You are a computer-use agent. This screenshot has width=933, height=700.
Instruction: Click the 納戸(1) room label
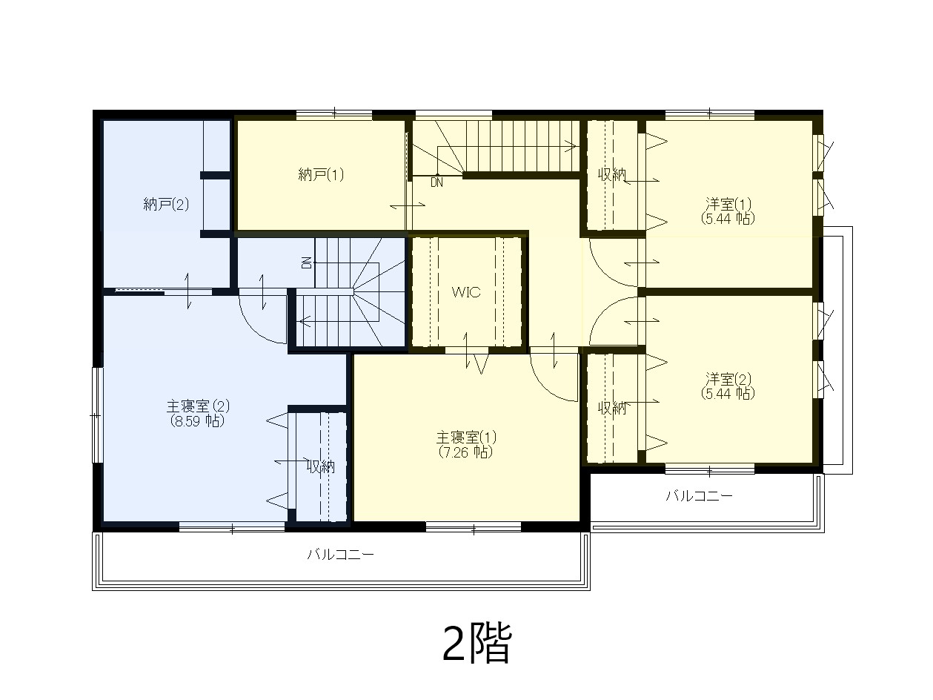[x=321, y=175]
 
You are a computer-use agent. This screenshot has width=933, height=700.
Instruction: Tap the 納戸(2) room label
[x=166, y=205]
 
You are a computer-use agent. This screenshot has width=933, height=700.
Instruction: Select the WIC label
[x=466, y=292]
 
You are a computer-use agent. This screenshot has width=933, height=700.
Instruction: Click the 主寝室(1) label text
[x=466, y=437]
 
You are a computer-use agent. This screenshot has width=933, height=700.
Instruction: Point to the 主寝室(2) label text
[x=198, y=406]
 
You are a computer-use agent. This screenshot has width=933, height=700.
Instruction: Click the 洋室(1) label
[x=728, y=204]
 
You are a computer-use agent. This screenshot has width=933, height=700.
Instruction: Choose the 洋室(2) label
[x=728, y=378]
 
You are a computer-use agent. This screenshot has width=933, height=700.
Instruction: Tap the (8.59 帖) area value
[x=197, y=421]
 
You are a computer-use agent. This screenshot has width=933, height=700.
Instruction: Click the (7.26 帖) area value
[x=466, y=452]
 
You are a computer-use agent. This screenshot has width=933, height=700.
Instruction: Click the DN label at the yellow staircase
[x=436, y=182]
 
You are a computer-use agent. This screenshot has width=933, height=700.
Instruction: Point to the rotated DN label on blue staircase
[x=306, y=262]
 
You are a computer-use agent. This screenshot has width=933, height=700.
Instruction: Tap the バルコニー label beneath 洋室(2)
[x=700, y=496]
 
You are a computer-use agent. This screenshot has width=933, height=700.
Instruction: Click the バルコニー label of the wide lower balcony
[x=340, y=555]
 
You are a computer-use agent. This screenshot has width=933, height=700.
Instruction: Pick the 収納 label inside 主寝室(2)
[x=321, y=467]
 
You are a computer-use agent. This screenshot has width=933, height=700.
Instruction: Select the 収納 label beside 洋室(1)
[x=612, y=174]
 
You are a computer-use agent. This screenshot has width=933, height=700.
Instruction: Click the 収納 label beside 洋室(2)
[x=612, y=409]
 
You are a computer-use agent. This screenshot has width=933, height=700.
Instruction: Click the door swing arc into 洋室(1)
[x=603, y=273]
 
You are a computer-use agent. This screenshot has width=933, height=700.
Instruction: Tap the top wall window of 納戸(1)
[x=334, y=114]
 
